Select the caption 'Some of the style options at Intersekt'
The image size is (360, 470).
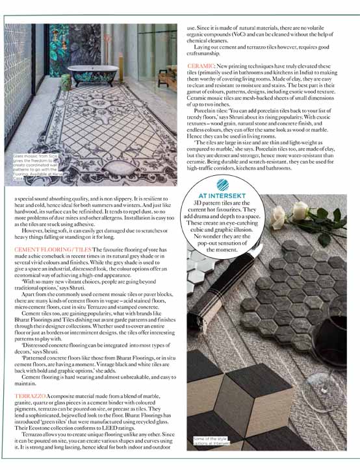[211, 442]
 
